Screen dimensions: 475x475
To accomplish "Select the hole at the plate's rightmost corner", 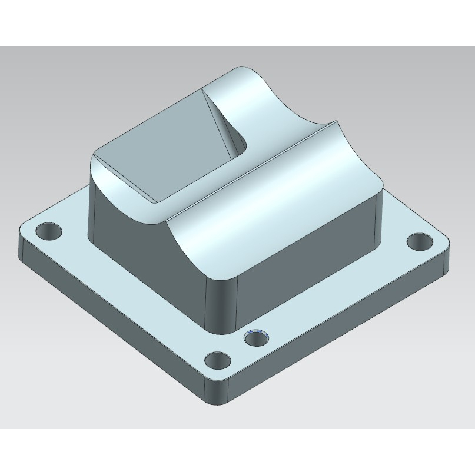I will coord(420,241).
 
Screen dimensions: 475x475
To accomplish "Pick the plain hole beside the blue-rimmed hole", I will coord(218,358).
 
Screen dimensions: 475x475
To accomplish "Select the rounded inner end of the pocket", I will coord(240,141).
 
